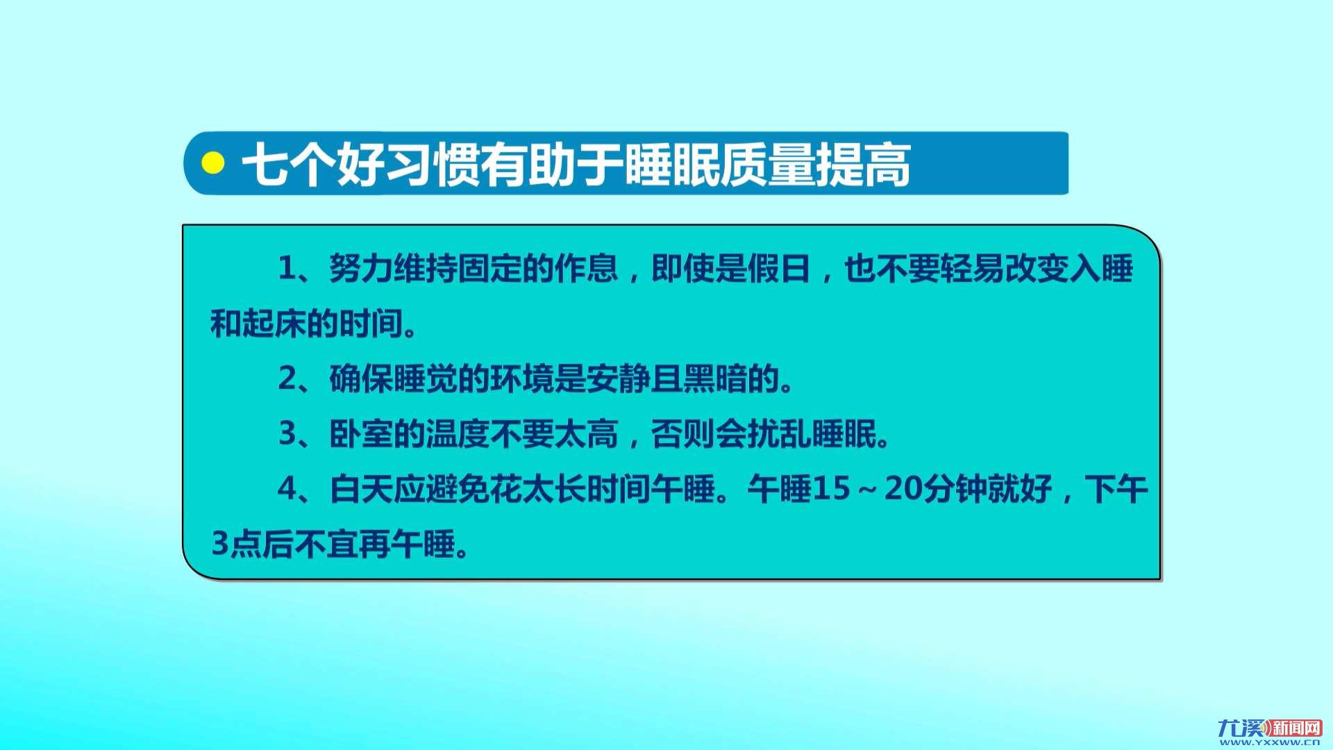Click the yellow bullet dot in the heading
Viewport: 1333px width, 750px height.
click(212, 163)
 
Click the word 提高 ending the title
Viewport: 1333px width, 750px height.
click(863, 165)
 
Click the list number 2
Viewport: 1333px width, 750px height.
click(287, 378)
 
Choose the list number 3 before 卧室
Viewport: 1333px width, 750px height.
click(287, 433)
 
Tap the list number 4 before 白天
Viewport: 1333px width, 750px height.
click(287, 488)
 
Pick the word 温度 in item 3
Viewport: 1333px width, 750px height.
click(458, 433)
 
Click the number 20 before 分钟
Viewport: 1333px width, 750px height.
click(903, 488)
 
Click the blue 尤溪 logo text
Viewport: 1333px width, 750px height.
click(1242, 728)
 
